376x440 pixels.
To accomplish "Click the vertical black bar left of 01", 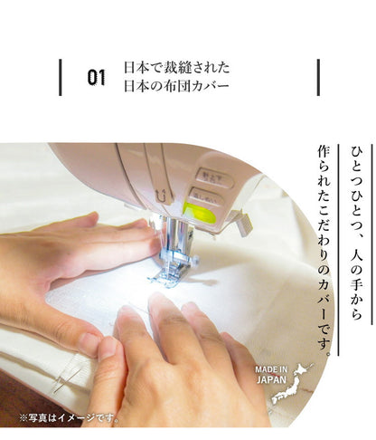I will tap(61, 78).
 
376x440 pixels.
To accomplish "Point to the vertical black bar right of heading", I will tap(318, 78).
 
